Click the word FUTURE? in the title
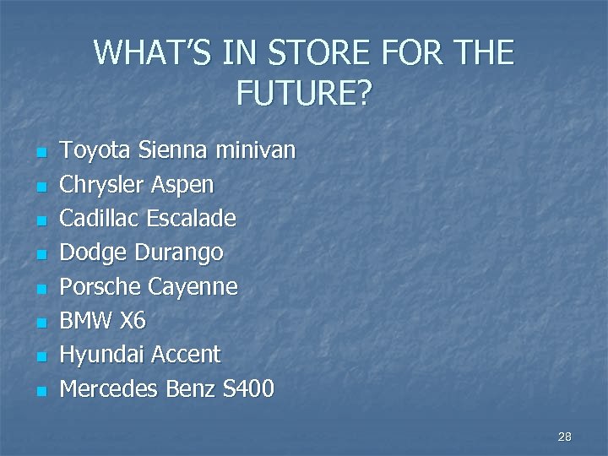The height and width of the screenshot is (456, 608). pos(303,93)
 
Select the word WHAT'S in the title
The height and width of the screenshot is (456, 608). pos(153,52)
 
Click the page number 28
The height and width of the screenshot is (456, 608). pos(565,437)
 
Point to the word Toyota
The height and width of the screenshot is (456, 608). pos(93,151)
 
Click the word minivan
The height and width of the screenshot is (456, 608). pos(256,151)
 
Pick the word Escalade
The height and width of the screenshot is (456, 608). pos(191,219)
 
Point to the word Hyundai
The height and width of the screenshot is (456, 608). pos(101,356)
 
